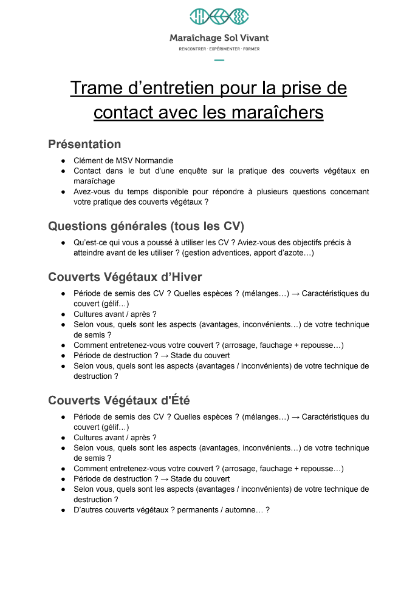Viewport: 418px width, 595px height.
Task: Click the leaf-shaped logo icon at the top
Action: coord(219,17)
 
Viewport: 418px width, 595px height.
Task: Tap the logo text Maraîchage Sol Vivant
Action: coord(219,38)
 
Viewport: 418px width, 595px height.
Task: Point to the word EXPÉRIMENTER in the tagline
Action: coord(224,49)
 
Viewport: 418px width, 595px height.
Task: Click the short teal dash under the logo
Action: coord(219,59)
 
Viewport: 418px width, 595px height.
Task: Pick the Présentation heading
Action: coord(84,144)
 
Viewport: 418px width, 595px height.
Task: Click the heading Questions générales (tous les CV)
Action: coord(146,226)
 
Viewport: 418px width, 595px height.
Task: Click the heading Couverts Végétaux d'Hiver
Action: coord(125,277)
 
